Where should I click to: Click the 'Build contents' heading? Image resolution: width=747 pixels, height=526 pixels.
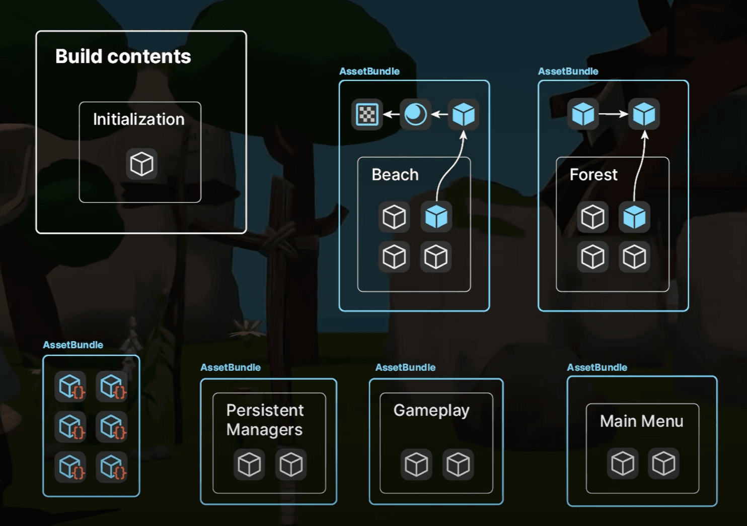(123, 56)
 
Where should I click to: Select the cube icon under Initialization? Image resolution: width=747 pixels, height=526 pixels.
(141, 164)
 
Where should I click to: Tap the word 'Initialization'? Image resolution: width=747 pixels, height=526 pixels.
(138, 119)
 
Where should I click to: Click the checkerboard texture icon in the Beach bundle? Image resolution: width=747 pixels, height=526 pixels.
(367, 114)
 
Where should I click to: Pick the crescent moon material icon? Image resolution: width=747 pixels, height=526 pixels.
(415, 114)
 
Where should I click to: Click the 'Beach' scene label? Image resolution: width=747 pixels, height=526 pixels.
(395, 175)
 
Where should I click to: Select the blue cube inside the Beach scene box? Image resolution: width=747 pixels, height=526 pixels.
(436, 217)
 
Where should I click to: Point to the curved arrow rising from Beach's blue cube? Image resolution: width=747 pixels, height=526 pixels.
(448, 166)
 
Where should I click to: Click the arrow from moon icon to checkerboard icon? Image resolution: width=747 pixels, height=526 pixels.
(391, 114)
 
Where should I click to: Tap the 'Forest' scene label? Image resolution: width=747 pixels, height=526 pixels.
(593, 175)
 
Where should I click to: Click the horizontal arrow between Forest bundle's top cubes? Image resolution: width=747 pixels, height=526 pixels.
(613, 114)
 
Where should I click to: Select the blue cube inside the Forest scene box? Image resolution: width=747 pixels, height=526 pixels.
(634, 217)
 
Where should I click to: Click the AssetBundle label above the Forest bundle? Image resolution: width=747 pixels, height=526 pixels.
(568, 72)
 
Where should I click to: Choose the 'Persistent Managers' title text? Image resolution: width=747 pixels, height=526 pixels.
(265, 420)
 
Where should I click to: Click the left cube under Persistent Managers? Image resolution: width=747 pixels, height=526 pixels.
(249, 464)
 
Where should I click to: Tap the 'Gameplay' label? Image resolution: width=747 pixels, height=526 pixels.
(431, 411)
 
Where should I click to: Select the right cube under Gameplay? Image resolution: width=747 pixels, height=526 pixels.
(458, 464)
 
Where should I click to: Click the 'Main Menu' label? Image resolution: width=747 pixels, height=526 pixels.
(641, 421)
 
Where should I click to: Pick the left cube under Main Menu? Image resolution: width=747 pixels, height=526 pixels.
(623, 463)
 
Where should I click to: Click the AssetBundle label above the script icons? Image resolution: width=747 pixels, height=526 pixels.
(73, 345)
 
